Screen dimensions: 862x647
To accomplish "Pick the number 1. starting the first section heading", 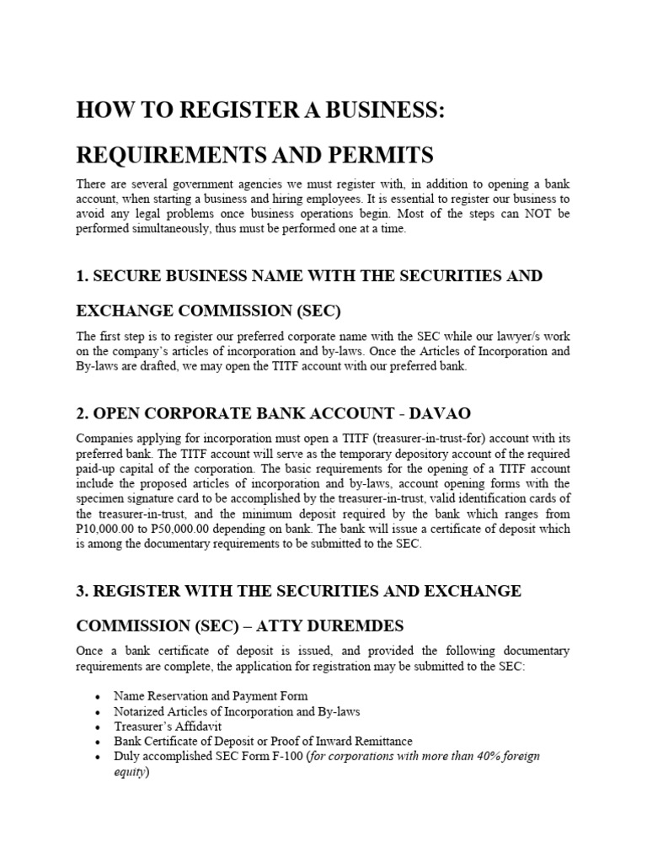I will coord(83,276).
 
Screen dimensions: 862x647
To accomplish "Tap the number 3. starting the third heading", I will coord(83,591).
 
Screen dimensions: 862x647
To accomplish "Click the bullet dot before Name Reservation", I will coord(99,697).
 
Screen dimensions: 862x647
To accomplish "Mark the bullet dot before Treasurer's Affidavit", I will coord(99,727).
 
